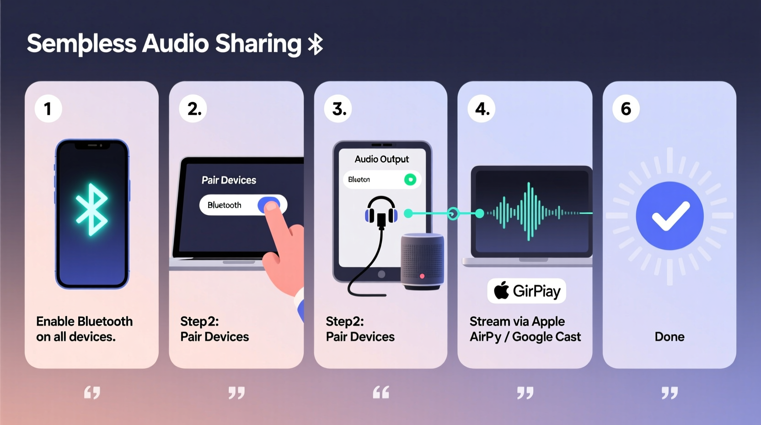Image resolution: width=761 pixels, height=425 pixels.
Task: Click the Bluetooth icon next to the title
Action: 316,45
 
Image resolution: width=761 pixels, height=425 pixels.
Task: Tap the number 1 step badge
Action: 48,109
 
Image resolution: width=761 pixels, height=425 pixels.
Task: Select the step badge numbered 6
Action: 626,109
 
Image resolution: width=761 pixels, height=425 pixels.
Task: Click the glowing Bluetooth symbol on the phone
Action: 92,210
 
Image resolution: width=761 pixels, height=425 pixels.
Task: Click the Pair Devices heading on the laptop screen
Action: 229,180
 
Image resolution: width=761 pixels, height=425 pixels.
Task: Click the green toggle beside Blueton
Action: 410,180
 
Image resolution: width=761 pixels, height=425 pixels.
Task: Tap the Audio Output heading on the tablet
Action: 382,159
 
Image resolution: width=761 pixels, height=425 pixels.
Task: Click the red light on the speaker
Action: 422,276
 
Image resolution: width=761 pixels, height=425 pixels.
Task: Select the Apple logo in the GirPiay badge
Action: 502,290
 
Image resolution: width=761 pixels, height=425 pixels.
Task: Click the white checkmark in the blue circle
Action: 670,216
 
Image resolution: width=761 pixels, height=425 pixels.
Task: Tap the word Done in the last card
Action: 670,337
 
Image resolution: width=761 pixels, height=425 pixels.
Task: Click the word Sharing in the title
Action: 258,44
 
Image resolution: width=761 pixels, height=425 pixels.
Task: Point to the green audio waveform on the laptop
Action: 529,212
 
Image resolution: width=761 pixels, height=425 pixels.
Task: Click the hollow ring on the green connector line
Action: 453,213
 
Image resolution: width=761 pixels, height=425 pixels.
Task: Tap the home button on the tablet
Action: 381,274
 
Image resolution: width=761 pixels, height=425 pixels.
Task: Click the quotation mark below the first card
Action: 92,392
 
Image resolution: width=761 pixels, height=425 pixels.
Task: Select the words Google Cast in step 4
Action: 547,337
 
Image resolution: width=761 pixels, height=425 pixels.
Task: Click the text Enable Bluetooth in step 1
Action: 84,321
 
